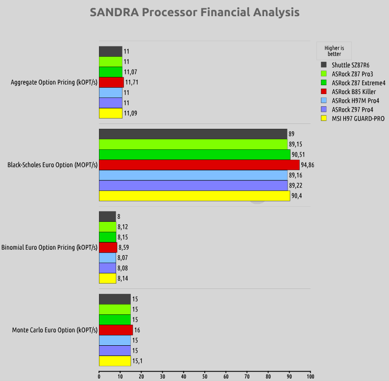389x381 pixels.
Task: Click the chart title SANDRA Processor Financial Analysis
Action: (x=194, y=12)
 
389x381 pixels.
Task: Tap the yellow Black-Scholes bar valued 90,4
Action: (x=194, y=196)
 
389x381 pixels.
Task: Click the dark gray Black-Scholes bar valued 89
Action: (x=193, y=134)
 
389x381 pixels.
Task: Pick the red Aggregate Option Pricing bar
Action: (x=111, y=82)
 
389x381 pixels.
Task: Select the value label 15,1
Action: (x=139, y=361)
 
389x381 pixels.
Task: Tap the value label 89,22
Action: (x=295, y=186)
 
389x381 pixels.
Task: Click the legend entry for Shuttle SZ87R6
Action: (x=350, y=65)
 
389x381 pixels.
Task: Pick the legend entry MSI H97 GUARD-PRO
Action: (x=358, y=119)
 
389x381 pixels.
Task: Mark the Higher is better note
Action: (x=334, y=51)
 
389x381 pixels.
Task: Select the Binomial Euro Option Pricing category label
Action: (x=49, y=247)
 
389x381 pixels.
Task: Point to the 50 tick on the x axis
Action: (x=205, y=377)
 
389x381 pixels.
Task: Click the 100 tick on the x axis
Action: (x=310, y=377)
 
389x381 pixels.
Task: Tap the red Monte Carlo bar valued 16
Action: (x=116, y=330)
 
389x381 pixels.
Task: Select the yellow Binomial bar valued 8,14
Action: (x=107, y=278)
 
